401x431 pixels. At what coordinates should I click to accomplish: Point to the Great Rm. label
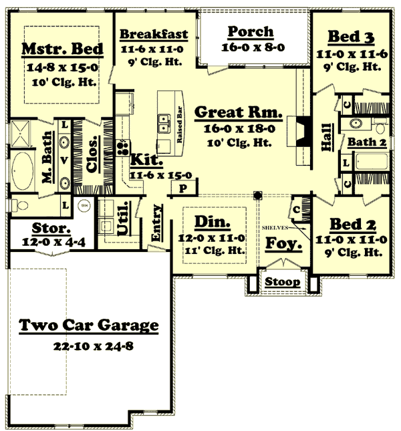(239, 112)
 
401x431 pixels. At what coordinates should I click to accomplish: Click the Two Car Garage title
(89, 326)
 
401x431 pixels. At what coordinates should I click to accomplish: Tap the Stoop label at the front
(281, 281)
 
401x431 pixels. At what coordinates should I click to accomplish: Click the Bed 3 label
(351, 37)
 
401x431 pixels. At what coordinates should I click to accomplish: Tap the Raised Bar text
(179, 120)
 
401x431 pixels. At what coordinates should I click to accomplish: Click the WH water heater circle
(84, 205)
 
